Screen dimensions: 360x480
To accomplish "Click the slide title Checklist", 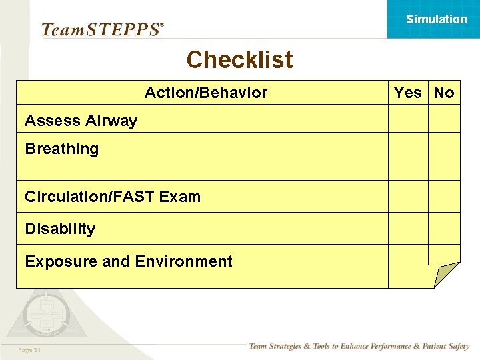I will click(x=239, y=59).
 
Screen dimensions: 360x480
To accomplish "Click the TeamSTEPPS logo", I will click(x=102, y=29).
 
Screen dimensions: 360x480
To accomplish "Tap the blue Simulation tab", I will click(x=436, y=19).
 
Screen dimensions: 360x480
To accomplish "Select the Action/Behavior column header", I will click(x=205, y=93).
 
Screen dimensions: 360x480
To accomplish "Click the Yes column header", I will click(x=407, y=93).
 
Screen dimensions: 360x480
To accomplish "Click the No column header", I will click(x=444, y=93).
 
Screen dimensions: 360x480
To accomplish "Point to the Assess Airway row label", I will click(x=81, y=121).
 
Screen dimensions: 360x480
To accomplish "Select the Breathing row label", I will click(x=61, y=149).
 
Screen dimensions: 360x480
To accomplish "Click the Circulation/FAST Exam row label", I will click(x=112, y=197).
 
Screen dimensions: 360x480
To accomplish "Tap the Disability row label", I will click(x=60, y=229).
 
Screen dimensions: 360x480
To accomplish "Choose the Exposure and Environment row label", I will click(x=128, y=261).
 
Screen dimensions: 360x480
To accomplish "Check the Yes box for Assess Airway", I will click(x=408, y=119).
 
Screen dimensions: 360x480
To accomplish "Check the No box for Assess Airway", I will click(x=444, y=119).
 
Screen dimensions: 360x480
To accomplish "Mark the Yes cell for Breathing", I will click(x=408, y=156).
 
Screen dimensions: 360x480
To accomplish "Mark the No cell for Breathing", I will click(x=444, y=156).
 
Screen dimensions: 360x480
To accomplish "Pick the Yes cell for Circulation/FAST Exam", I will click(x=408, y=197).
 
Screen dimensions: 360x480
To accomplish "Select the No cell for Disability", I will click(x=444, y=229).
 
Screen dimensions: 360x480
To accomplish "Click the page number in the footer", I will click(x=30, y=350).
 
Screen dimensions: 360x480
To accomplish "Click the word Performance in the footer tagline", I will click(x=387, y=347).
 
